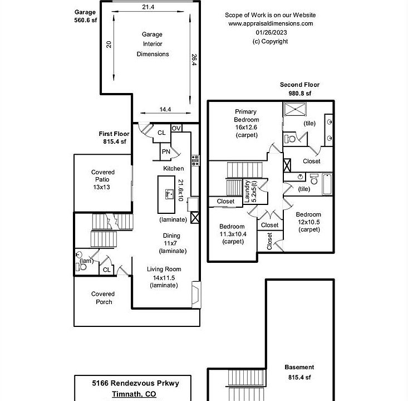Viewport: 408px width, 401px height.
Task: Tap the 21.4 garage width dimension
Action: tap(148, 7)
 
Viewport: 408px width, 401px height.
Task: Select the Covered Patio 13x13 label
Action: tap(103, 179)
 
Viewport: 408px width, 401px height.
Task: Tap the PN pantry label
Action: tap(165, 151)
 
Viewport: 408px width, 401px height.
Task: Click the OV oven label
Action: tap(176, 128)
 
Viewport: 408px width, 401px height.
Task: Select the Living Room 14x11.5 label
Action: tap(164, 277)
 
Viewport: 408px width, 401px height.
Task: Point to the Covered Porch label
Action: tap(103, 297)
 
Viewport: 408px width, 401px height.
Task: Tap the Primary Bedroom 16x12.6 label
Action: tap(246, 123)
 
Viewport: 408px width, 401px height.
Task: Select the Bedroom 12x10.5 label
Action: tap(308, 222)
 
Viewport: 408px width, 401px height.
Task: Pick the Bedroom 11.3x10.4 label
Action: tap(232, 234)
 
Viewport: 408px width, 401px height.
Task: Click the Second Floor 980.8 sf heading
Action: tap(299, 89)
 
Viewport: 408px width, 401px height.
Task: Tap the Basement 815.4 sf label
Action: tap(299, 372)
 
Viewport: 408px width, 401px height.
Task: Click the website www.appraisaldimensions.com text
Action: tap(271, 24)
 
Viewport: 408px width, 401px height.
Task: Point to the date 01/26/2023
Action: tap(271, 32)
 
